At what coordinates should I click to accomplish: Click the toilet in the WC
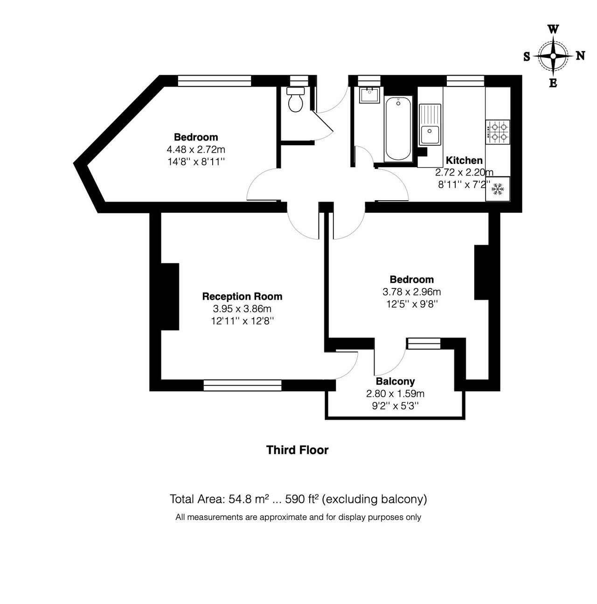pos(295,99)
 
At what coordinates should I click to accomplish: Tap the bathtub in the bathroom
pos(398,129)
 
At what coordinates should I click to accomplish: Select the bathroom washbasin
pos(369,95)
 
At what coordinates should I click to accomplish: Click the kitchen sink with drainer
pos(430,125)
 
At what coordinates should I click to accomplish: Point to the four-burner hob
pos(497,132)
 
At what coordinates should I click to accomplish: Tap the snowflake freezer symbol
pos(497,189)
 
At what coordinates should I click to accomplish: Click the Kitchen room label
pos(464,161)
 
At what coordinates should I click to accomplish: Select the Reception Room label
pos(242,296)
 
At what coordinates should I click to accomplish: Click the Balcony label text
pos(396,381)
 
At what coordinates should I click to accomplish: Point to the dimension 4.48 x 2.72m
pos(196,149)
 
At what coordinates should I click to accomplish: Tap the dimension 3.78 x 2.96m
pos(411,292)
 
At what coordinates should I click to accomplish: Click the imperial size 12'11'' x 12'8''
pos(243,321)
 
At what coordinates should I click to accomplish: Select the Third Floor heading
pos(297,450)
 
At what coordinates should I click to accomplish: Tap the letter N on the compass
pos(580,56)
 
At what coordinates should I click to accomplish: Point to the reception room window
pos(243,385)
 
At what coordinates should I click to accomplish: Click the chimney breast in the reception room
pos(170,296)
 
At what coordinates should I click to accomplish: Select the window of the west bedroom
pos(215,81)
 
